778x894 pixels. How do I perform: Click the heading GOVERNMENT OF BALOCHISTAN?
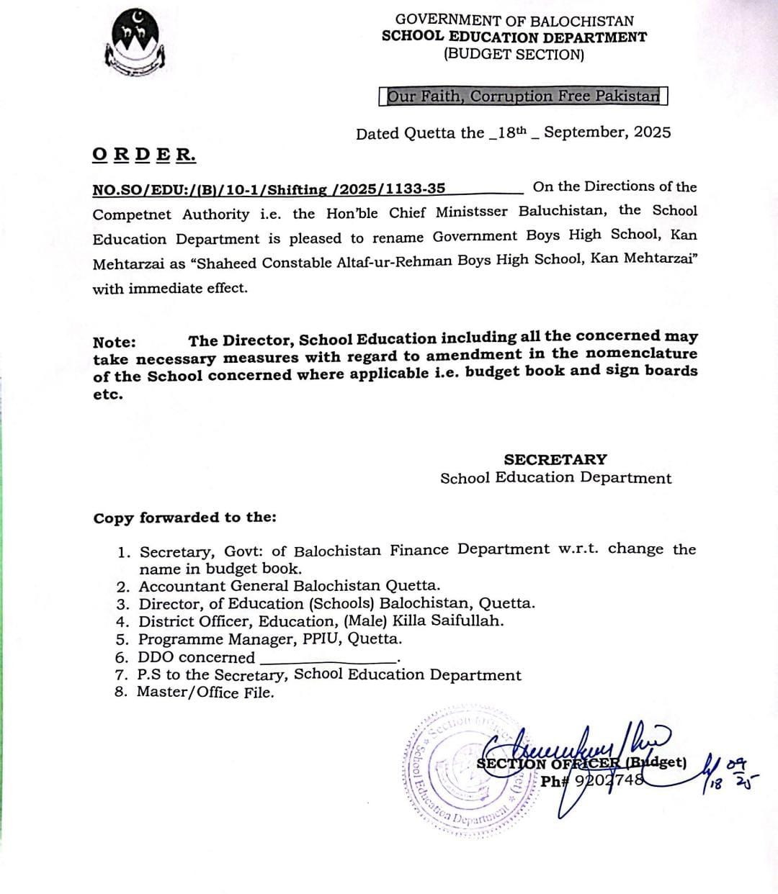pos(514,21)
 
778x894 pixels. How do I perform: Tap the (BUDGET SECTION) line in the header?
pos(514,54)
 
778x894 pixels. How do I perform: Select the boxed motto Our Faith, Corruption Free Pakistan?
pos(523,96)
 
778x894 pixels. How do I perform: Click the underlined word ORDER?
pos(144,154)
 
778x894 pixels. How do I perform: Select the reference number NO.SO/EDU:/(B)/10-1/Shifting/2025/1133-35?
pos(269,189)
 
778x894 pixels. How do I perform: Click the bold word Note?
pos(114,343)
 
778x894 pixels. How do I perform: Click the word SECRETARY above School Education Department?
pos(555,459)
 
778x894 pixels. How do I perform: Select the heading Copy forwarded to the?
pos(184,518)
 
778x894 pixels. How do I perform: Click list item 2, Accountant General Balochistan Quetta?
pos(289,587)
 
